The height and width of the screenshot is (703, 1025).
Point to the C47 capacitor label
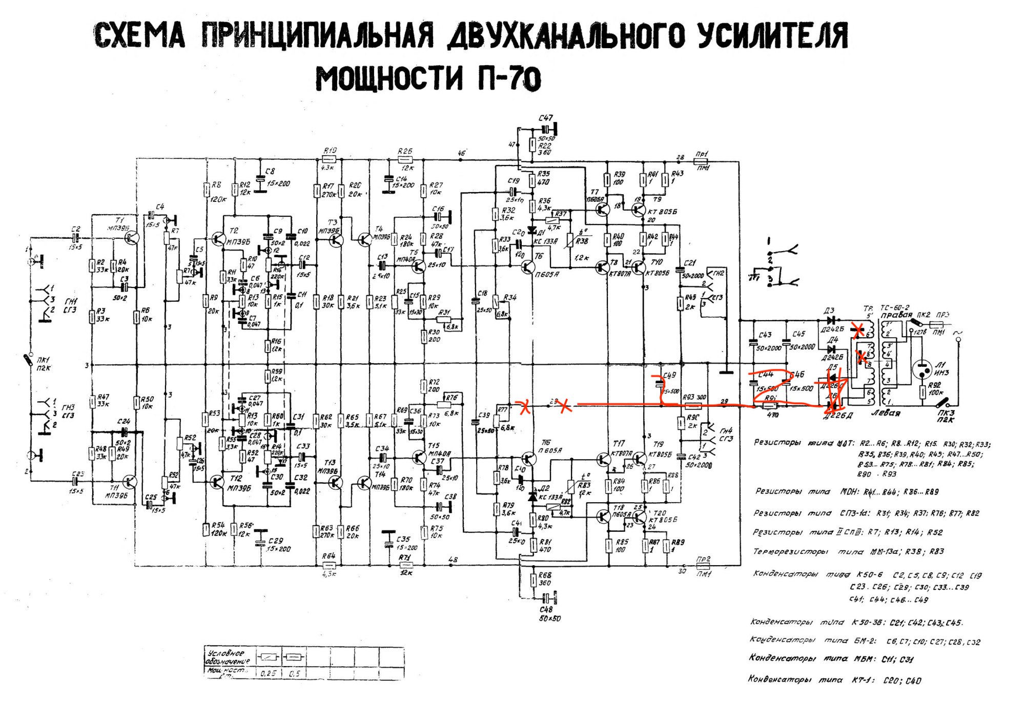(545, 118)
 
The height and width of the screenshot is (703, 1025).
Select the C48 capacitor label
(546, 610)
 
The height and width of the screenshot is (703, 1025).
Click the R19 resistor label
(330, 151)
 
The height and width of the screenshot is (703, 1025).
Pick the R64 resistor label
(329, 556)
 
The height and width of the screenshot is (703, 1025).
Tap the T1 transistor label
(119, 220)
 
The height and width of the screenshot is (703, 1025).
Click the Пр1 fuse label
(702, 154)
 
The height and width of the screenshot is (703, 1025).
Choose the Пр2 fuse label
(703, 560)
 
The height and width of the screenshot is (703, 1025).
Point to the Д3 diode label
(829, 311)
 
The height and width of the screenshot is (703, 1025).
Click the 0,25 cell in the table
(268, 673)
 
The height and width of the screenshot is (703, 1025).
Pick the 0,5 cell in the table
(294, 673)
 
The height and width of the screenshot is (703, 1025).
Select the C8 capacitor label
(270, 171)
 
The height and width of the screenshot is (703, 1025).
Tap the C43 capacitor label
(765, 335)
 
